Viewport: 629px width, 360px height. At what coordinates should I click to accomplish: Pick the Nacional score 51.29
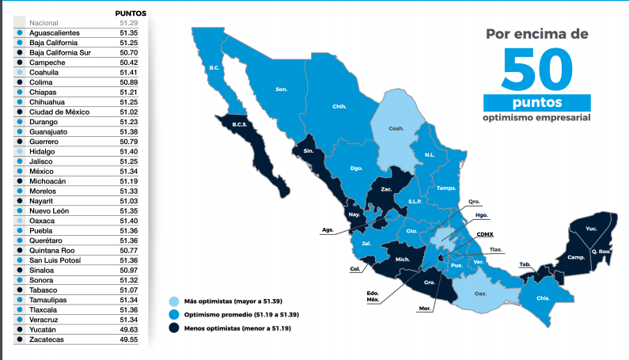click(129, 23)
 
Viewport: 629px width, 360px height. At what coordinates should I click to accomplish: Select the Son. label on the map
click(281, 89)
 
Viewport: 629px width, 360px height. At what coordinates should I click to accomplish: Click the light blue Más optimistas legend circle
click(173, 301)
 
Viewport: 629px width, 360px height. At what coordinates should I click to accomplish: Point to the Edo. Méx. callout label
click(373, 297)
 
